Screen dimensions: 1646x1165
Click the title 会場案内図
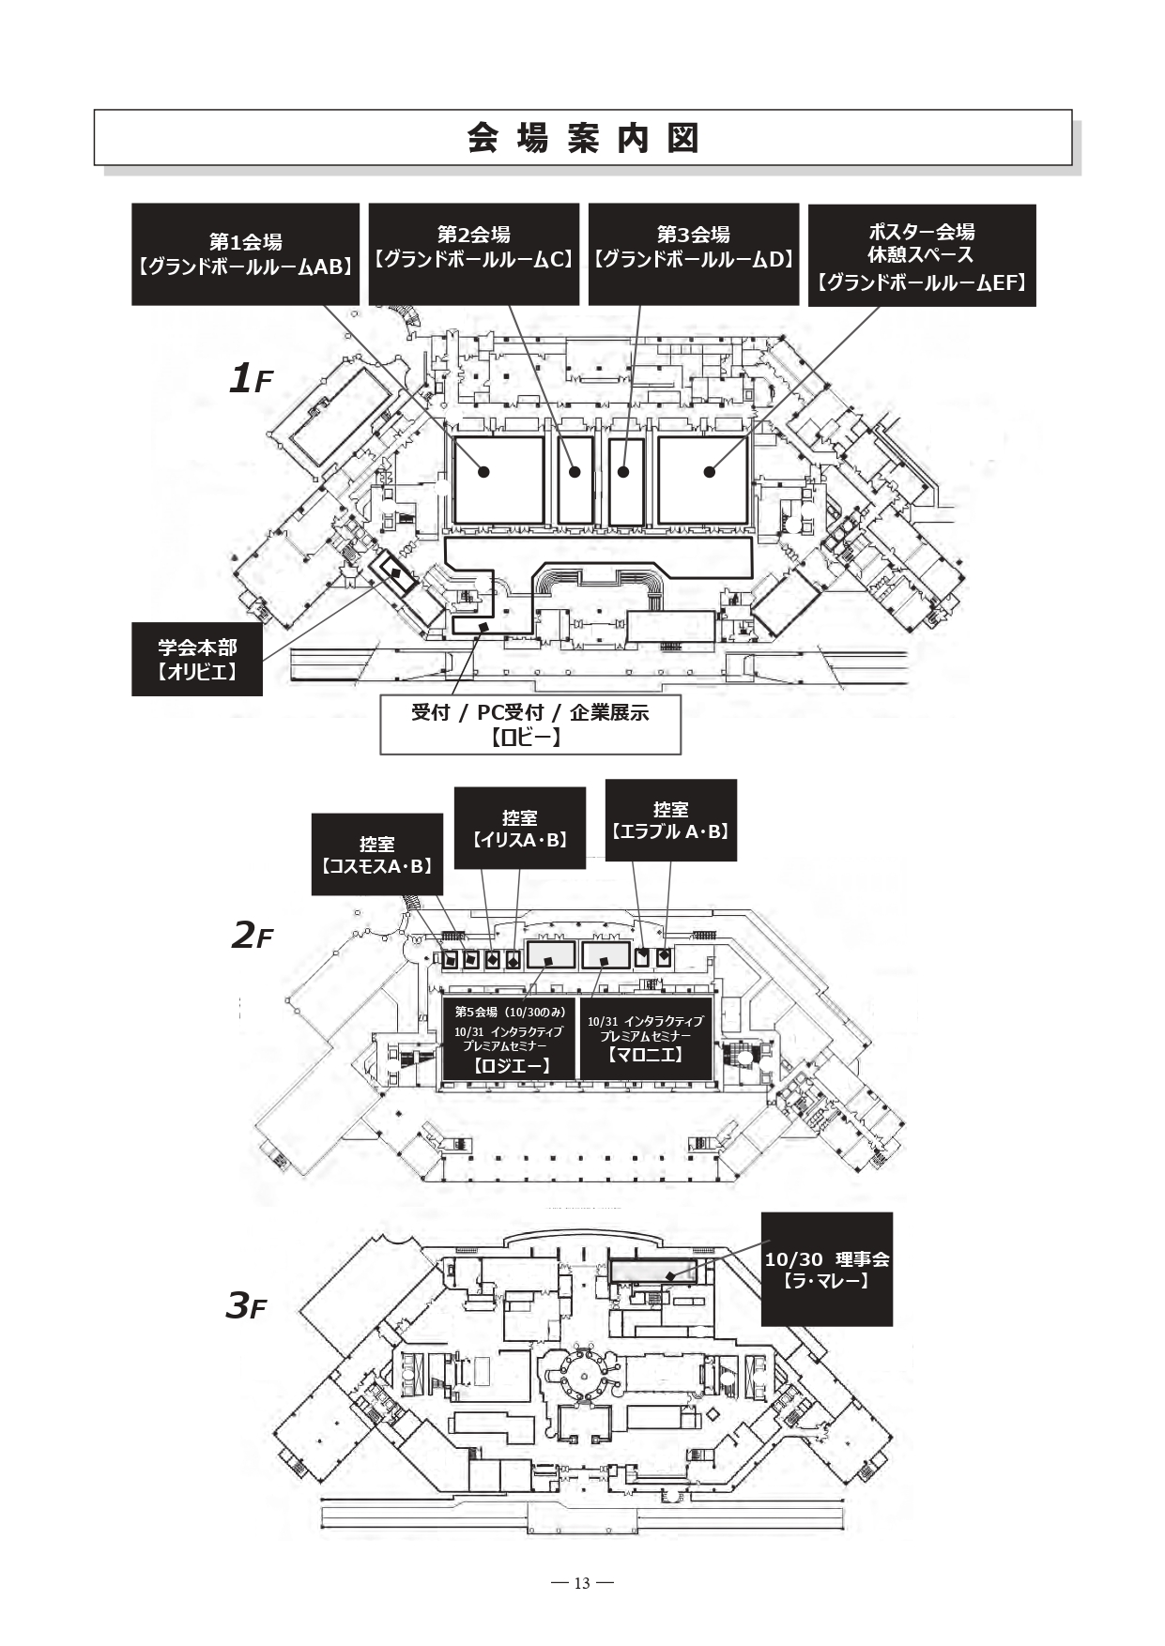pyautogui.click(x=582, y=138)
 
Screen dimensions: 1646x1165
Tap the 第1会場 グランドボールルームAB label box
pyautogui.click(x=245, y=254)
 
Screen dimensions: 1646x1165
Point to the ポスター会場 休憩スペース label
pyautogui.click(x=921, y=255)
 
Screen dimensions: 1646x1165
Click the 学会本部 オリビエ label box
pyautogui.click(x=196, y=659)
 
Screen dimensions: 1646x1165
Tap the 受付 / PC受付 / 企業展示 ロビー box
pyautogui.click(x=529, y=724)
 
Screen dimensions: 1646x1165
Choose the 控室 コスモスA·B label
pyautogui.click(x=376, y=855)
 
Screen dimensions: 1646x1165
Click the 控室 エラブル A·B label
pyautogui.click(x=670, y=820)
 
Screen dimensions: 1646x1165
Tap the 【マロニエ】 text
pyautogui.click(x=645, y=1055)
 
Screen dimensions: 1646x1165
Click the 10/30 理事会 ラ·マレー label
pyautogui.click(x=826, y=1269)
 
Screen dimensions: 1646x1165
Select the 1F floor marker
pyautogui.click(x=250, y=379)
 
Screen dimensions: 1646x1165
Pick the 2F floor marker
pyautogui.click(x=251, y=935)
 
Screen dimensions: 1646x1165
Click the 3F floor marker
pyautogui.click(x=246, y=1305)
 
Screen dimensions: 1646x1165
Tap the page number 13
pyautogui.click(x=582, y=1583)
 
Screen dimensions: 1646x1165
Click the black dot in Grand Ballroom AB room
pyautogui.click(x=483, y=472)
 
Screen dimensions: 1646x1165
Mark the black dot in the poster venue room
pyautogui.click(x=710, y=472)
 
